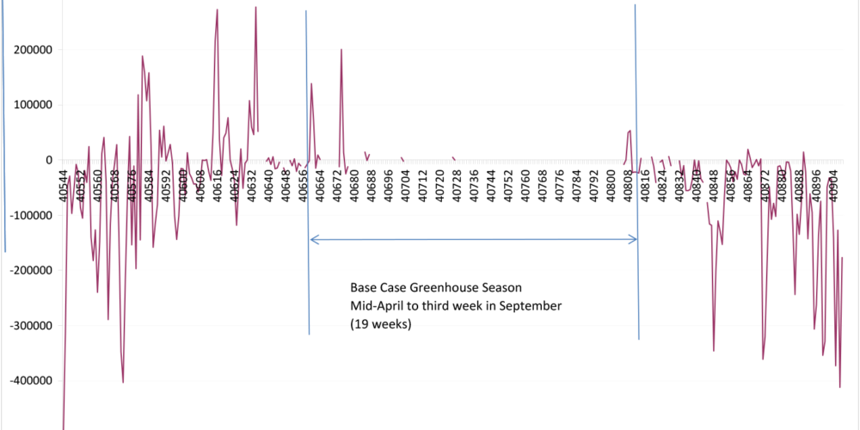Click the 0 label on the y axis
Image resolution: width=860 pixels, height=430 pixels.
(50, 160)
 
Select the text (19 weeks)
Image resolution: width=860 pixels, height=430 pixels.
(380, 324)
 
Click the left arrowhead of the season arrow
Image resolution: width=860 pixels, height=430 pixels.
(313, 240)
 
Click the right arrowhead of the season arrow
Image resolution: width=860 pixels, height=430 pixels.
(634, 240)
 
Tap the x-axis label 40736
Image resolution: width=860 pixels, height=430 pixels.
(474, 182)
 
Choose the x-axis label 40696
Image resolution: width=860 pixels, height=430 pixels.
(389, 182)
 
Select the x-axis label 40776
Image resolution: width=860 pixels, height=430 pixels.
(559, 182)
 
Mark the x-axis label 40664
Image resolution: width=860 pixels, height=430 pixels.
(320, 182)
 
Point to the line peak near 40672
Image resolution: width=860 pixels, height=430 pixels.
(341, 50)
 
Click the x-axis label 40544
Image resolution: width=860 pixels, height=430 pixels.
(64, 182)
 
